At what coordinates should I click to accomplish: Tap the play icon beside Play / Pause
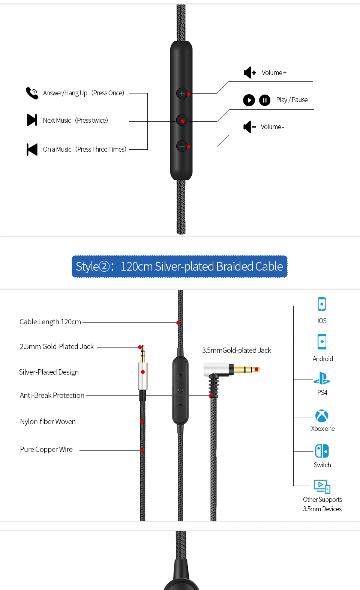point(249,100)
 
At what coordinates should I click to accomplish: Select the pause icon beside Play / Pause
point(265,100)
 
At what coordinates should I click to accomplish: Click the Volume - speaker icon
point(249,127)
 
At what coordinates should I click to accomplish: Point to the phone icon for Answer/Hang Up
point(32,93)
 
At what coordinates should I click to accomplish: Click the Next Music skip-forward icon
point(32,120)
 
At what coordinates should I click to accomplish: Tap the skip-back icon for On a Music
point(32,149)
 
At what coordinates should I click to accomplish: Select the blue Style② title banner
point(180,266)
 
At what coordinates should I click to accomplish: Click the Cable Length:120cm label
point(50,322)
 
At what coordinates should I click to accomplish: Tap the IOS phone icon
point(322,304)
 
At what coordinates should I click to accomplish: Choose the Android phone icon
point(322,342)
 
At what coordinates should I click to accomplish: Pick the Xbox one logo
point(322,416)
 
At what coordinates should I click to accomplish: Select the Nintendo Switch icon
point(322,451)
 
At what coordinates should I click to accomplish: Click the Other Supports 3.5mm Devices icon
point(322,486)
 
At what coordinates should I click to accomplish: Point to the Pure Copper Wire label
point(46,450)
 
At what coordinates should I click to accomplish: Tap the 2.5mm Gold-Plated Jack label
point(57,347)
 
